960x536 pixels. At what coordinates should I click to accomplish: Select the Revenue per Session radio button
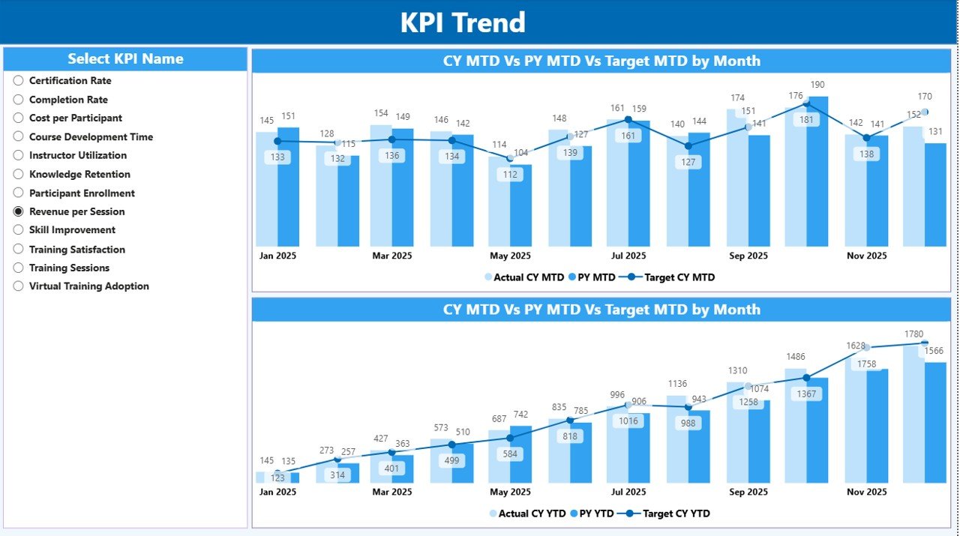19,211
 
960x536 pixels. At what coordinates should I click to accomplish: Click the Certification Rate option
19,80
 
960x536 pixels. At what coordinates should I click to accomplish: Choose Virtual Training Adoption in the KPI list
19,286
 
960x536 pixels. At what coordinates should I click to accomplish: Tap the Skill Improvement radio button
19,230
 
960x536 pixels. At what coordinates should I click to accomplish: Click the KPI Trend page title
463,22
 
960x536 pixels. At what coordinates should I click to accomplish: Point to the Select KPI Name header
125,58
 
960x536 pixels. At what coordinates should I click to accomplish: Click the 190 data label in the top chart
817,85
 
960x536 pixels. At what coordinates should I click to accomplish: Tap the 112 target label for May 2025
510,175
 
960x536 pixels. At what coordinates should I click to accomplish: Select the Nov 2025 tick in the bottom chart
866,492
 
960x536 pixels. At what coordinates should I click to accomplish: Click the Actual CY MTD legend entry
524,277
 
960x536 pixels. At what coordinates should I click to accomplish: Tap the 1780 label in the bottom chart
913,334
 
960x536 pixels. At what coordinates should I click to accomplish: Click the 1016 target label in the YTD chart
628,421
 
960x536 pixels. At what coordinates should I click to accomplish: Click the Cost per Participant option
19,118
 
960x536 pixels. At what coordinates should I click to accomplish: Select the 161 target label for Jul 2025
628,136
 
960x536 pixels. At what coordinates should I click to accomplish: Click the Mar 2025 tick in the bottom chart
391,492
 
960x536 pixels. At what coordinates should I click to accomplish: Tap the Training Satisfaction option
19,249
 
